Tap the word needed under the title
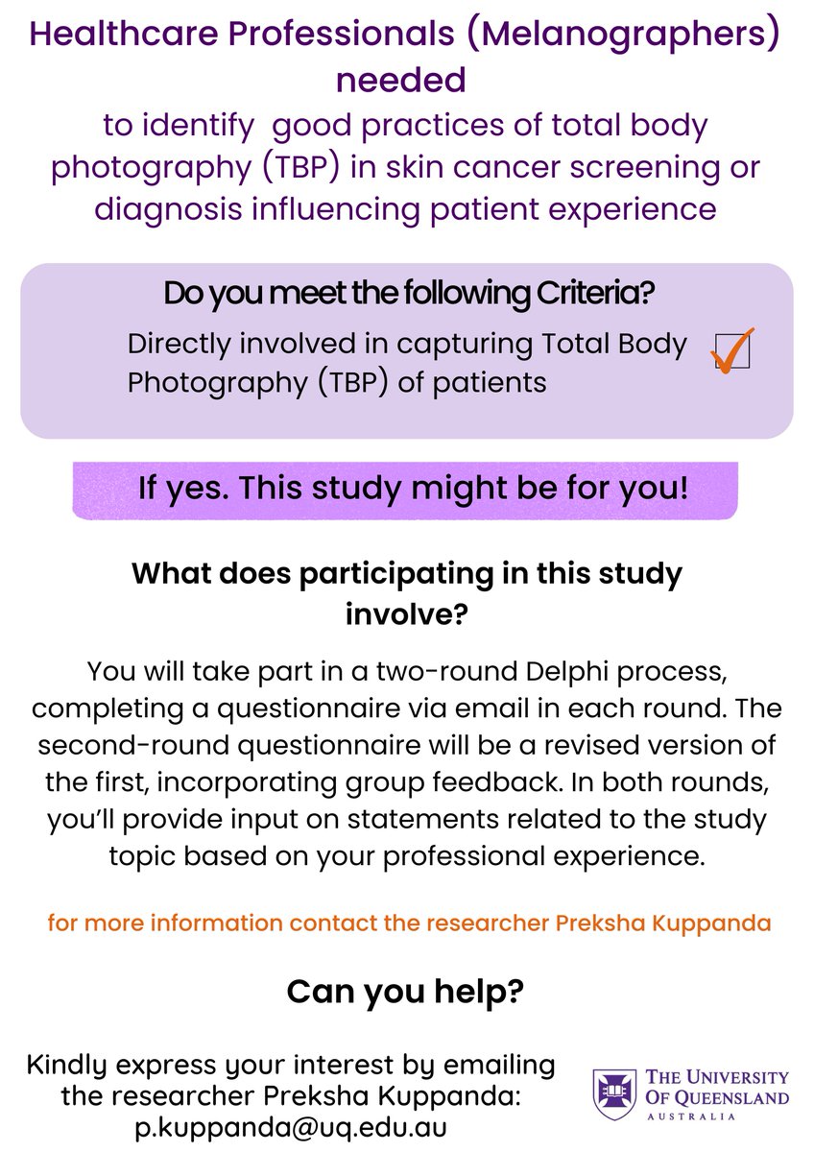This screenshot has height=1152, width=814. (400, 80)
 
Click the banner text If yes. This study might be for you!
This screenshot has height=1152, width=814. (413, 488)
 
